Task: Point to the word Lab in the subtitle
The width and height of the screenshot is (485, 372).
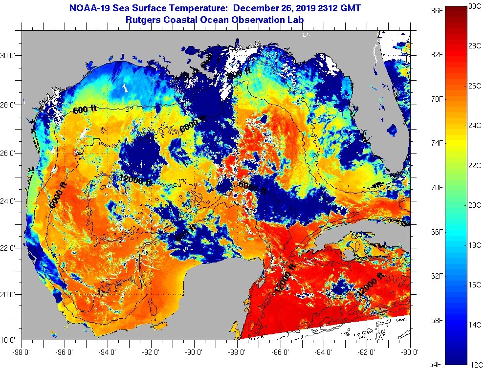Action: point(296,20)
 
